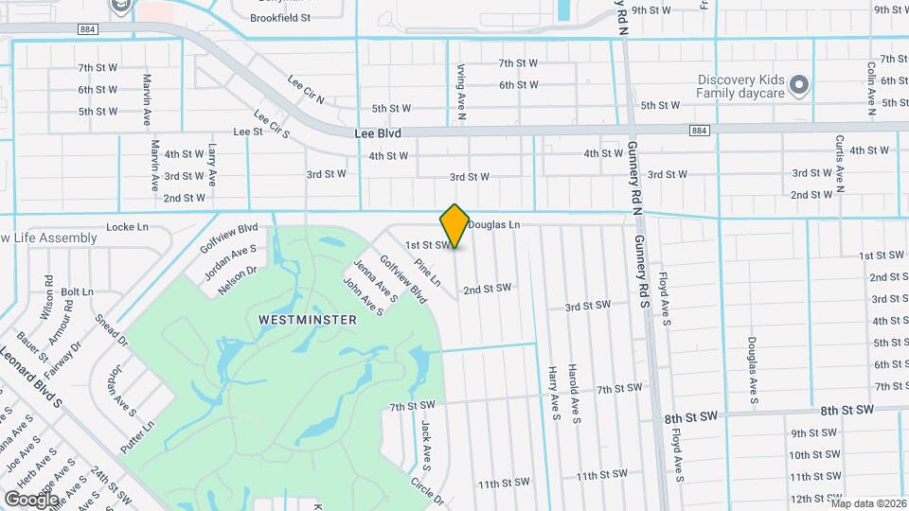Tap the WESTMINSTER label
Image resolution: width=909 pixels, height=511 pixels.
[x=308, y=320]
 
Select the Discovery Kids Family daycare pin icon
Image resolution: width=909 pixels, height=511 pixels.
[x=798, y=86]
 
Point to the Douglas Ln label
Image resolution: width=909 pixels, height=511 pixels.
[x=495, y=225]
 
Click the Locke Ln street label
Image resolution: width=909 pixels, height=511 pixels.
[x=128, y=227]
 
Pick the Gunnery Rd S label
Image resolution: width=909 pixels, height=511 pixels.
[x=642, y=273]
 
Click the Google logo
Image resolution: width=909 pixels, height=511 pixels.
[x=31, y=499]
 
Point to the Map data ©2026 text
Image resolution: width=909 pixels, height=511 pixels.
[x=867, y=503]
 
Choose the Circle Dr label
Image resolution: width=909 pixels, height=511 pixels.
[x=428, y=491]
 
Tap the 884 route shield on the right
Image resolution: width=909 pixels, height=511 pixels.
[x=699, y=130]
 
